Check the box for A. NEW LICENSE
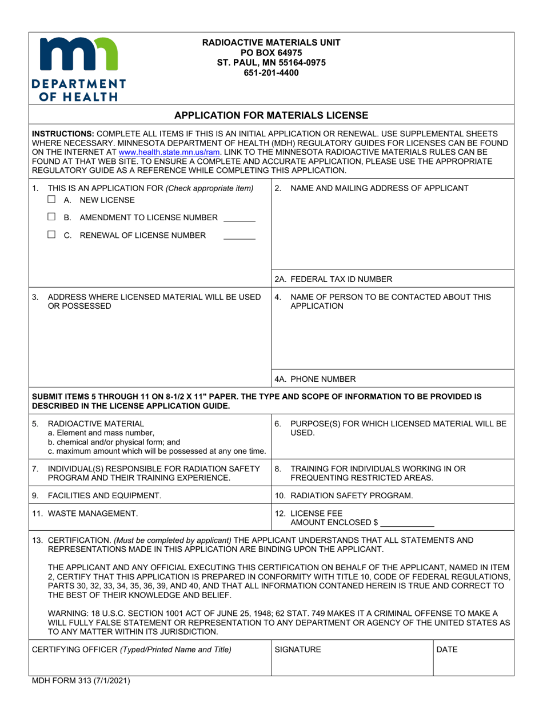[52, 200]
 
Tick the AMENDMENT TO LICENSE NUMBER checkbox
[52, 217]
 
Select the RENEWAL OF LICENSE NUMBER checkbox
[52, 235]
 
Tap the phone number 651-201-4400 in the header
[271, 72]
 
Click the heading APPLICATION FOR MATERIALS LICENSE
[271, 115]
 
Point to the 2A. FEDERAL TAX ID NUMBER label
[333, 279]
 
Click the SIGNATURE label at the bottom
[298, 649]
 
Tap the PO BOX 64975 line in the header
[271, 52]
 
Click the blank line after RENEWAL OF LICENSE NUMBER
[239, 237]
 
